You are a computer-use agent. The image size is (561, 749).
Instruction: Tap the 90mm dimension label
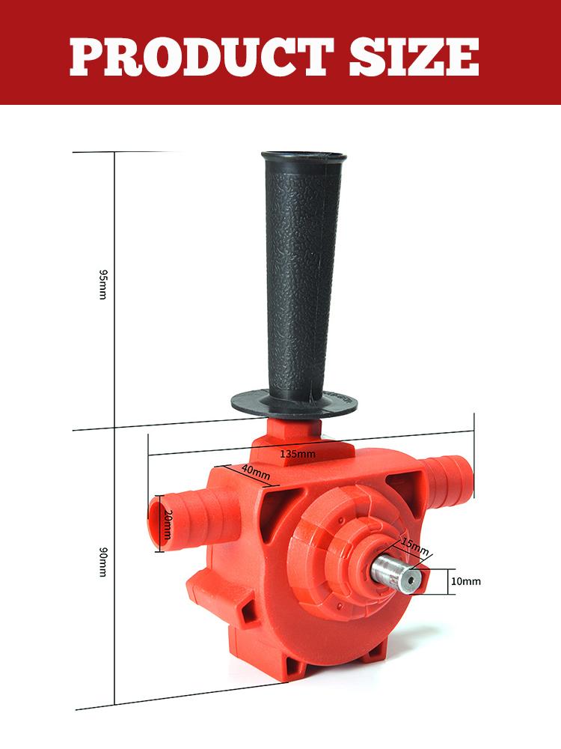(103, 562)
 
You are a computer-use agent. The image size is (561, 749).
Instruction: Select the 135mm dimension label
(298, 454)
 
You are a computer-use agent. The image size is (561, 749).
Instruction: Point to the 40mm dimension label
(256, 471)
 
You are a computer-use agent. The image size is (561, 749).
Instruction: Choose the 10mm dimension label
(467, 580)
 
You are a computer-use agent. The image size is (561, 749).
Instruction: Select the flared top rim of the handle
(304, 159)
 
